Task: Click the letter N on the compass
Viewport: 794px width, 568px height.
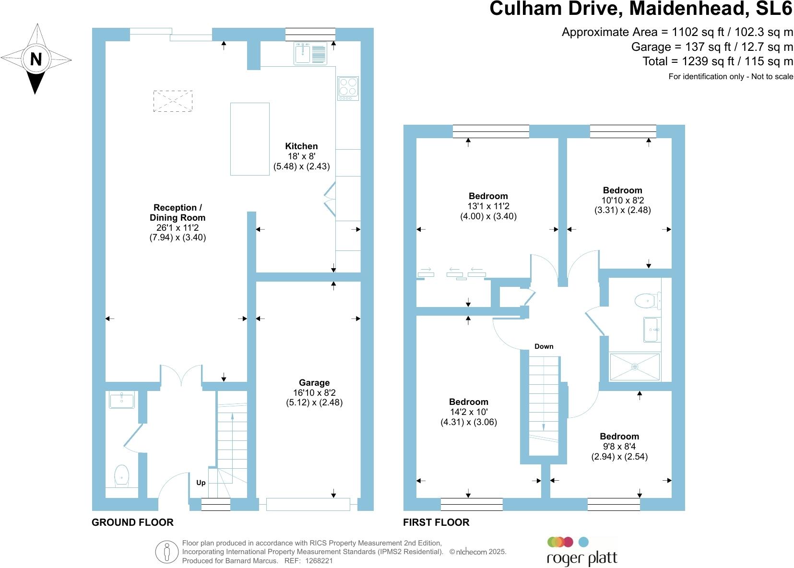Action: point(36,59)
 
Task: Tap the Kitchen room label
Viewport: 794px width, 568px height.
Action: point(301,146)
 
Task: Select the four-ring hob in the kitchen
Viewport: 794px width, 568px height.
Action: point(348,88)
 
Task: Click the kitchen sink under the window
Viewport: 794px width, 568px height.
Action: point(310,52)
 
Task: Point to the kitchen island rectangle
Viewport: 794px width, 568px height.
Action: point(249,139)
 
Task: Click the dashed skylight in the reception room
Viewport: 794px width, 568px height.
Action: point(173,101)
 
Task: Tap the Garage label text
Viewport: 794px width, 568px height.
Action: point(314,383)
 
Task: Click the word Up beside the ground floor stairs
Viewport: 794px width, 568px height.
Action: point(201,483)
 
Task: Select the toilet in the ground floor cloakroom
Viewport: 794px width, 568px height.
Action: point(122,475)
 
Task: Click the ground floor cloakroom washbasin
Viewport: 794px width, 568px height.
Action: point(122,400)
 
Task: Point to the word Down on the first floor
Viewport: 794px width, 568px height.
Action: point(544,346)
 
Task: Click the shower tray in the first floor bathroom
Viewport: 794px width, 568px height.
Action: point(634,367)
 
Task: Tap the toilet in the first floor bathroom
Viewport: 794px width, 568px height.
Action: point(646,301)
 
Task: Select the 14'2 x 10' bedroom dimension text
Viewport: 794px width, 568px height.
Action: point(469,412)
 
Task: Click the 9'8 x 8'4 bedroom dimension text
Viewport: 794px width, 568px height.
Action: point(619,447)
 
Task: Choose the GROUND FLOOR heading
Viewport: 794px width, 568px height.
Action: point(132,522)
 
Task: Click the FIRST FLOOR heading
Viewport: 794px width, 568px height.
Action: point(436,522)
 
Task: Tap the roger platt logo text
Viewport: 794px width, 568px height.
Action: point(582,558)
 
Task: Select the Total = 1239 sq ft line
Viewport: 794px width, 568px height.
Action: point(718,61)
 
